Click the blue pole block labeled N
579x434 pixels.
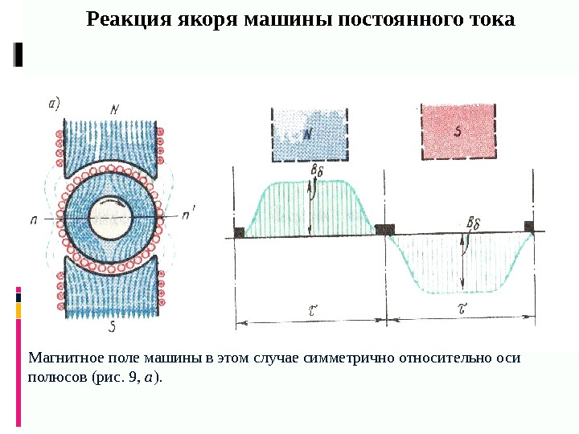click(310, 134)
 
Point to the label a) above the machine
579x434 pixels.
click(55, 102)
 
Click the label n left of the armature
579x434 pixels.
click(35, 219)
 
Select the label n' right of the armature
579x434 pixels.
click(187, 215)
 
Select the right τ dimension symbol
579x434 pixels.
click(462, 308)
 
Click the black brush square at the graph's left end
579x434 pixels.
click(239, 232)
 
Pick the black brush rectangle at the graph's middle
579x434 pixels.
click(385, 231)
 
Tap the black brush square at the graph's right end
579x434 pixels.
click(529, 227)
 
